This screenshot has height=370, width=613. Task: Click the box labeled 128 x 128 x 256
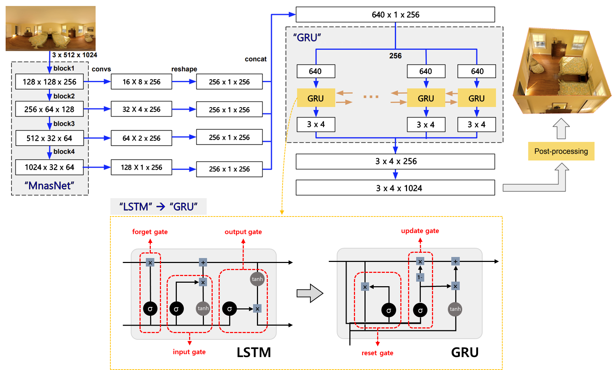pos(49,82)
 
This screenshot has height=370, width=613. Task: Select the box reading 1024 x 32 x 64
pos(49,167)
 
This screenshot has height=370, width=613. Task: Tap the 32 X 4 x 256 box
pos(141,109)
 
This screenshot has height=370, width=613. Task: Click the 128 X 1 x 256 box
pos(141,167)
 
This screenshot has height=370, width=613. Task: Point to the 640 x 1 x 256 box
pos(395,14)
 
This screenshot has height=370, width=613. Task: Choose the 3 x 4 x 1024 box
pos(395,188)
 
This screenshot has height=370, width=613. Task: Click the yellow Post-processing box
pos(561,151)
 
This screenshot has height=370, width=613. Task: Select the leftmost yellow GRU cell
pos(316,98)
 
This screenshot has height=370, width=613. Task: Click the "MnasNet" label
pos(49,186)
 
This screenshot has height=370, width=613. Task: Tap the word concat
pos(256,59)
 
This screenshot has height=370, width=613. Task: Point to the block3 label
pos(64,124)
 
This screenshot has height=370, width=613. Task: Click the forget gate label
pos(150,232)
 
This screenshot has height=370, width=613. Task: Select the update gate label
pos(420,231)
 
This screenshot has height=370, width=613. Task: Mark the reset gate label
pos(377,353)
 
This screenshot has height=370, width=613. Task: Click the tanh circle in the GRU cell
pos(455,309)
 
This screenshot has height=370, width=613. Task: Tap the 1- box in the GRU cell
pos(420,277)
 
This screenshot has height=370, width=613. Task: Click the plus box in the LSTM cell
pos(203,262)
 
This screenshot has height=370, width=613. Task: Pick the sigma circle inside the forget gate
pos(150,309)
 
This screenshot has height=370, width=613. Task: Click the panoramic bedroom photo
pos(51,29)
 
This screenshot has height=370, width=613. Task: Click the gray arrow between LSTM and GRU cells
pos(310,293)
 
